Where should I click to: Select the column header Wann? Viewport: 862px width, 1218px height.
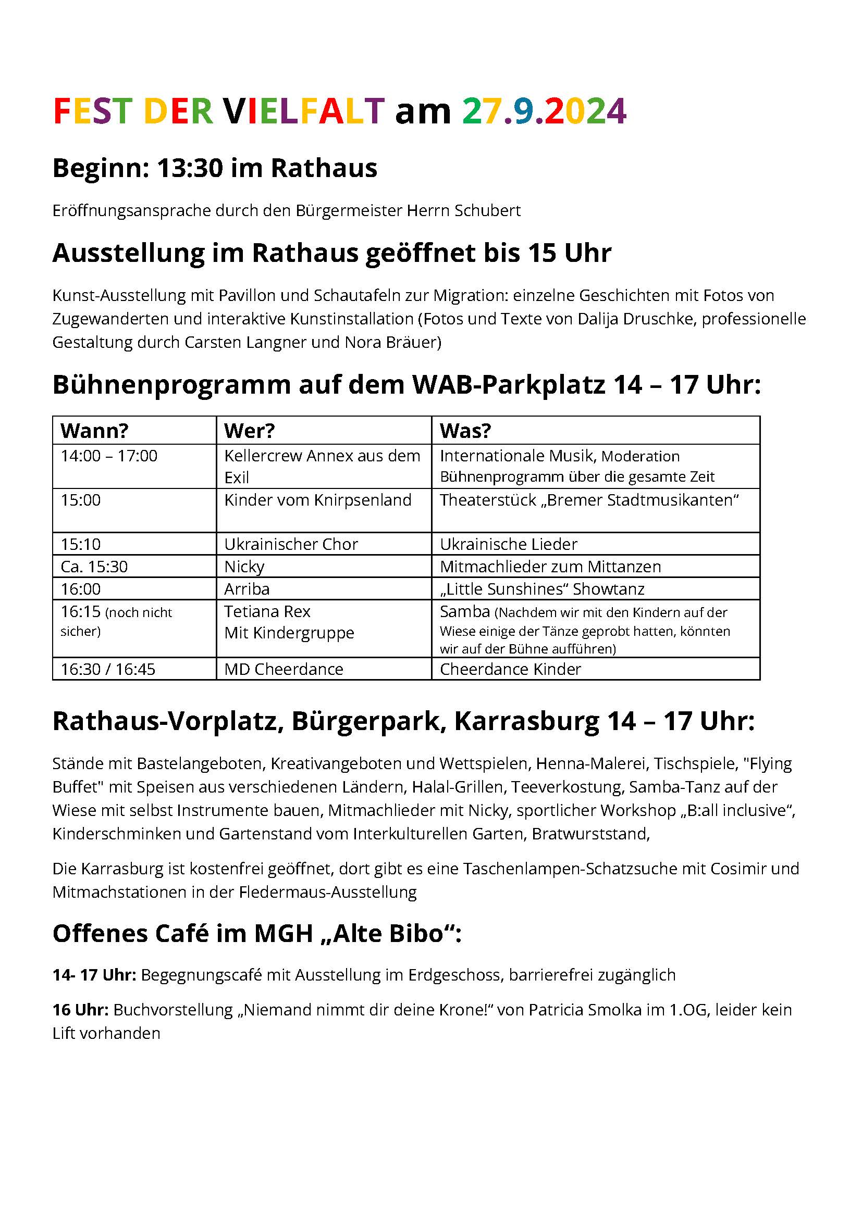pos(94,431)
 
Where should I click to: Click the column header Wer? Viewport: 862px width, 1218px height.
pos(249,431)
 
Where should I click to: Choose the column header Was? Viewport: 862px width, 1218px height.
pos(465,431)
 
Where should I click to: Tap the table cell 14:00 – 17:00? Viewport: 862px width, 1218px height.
pos(109,456)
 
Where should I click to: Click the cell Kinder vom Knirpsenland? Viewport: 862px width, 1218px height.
pos(317,500)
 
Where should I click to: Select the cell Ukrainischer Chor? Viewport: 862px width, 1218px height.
pos(291,544)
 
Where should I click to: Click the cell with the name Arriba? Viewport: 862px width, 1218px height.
pos(247,589)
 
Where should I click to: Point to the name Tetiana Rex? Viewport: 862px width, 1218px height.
pos(267,612)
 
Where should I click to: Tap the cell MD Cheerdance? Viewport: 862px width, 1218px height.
pos(284,669)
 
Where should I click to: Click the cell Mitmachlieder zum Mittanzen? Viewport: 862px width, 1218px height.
pos(550,567)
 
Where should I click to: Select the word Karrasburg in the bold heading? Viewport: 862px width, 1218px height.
pos(526,721)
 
